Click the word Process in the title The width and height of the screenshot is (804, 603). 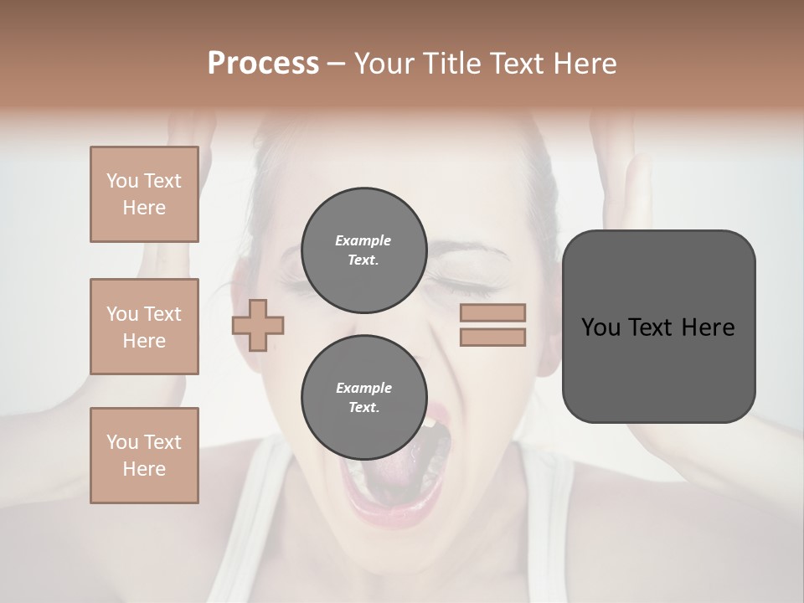pos(263,64)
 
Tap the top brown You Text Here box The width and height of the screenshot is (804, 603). pos(144,194)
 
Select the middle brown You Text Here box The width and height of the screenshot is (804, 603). pos(144,327)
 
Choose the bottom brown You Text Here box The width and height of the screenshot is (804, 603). pos(144,456)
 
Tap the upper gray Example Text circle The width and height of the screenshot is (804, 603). pos(363,250)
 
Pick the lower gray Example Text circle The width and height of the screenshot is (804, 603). pos(363,397)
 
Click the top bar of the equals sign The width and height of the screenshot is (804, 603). pos(492,313)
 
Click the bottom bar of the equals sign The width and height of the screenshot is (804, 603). pos(492,337)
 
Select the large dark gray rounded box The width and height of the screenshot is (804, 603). pos(658,327)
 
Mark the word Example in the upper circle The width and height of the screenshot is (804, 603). pos(363,240)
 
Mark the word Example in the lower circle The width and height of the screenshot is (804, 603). pos(363,388)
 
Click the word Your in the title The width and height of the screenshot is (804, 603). pos(386,64)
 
